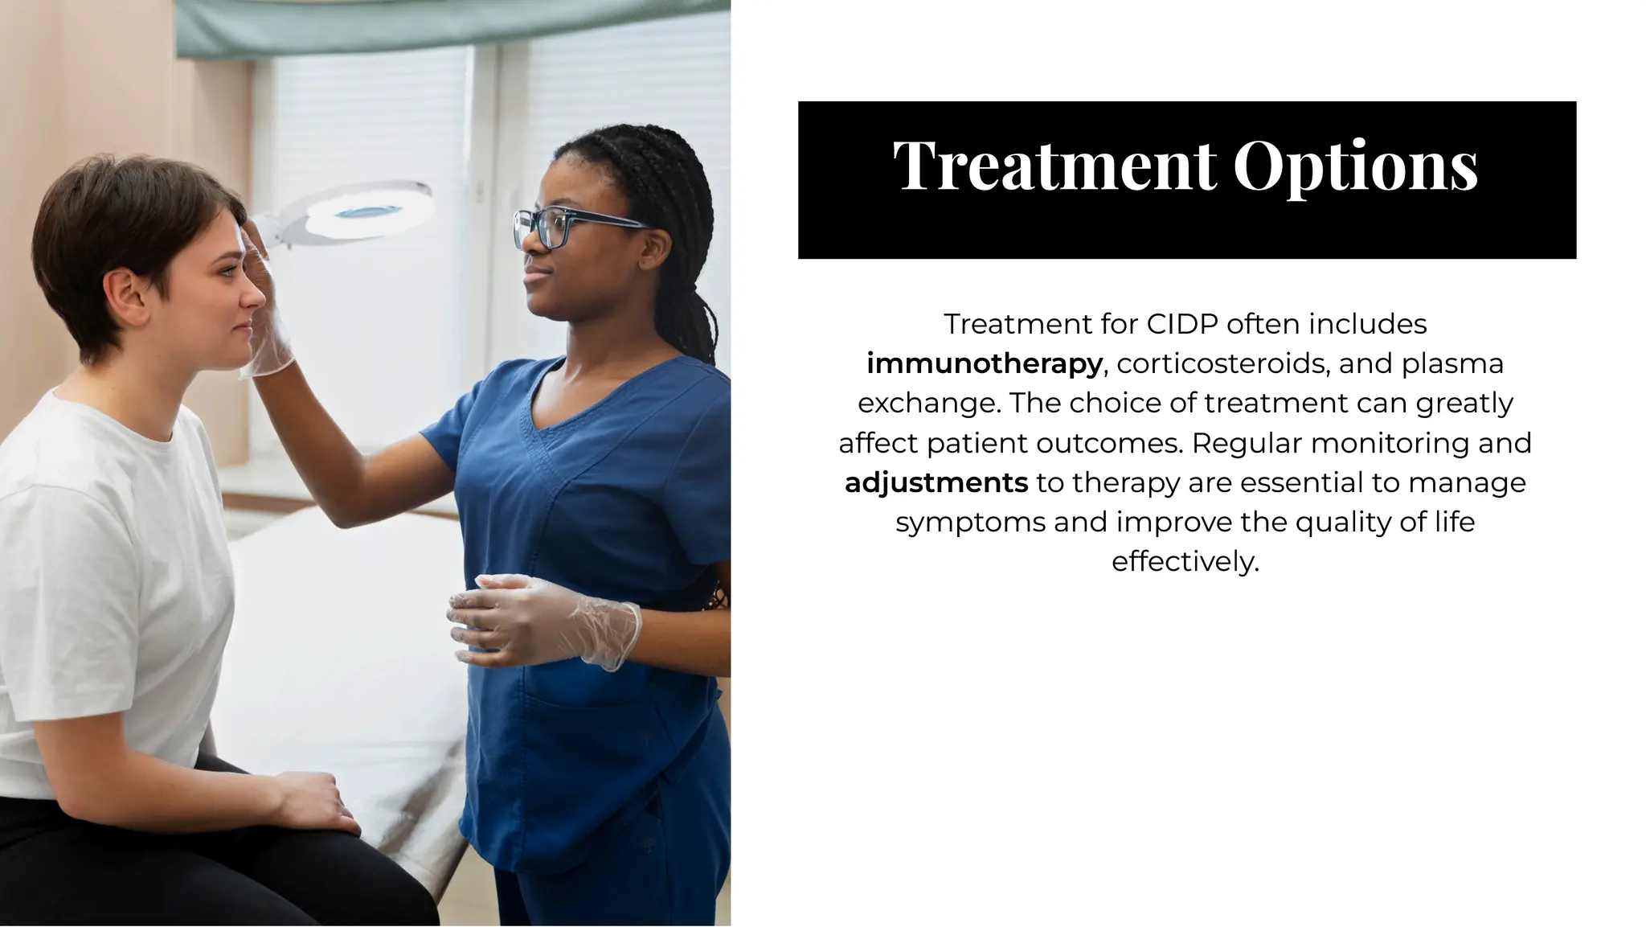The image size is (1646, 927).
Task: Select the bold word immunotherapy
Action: pos(984,364)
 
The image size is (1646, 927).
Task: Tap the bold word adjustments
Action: pos(936,483)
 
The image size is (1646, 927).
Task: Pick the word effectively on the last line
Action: pos(1185,561)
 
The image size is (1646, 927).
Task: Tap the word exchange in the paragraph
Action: pos(928,404)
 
